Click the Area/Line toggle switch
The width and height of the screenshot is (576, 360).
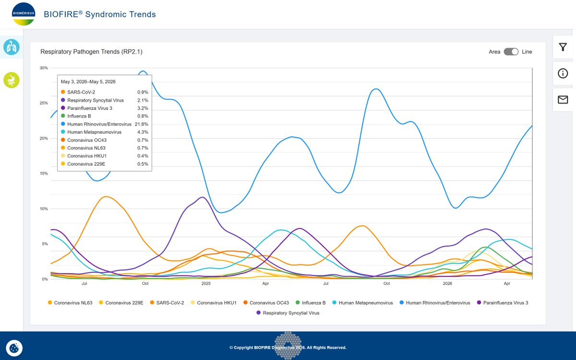tap(511, 52)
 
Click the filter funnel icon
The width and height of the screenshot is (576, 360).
tap(563, 47)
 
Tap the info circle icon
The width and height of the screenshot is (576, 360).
tap(563, 73)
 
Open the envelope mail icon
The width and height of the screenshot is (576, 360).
tap(563, 99)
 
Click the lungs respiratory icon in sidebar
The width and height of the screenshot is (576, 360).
tap(12, 47)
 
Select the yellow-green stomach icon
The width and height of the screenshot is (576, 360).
tap(12, 80)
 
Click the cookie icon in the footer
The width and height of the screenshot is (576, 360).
tap(14, 348)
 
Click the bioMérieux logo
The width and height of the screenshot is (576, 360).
tap(24, 14)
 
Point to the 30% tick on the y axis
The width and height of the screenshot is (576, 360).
tap(44, 68)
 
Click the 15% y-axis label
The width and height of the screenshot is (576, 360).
tap(44, 174)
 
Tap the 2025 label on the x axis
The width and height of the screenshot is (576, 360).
tap(206, 283)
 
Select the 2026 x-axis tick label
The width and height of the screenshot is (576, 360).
tap(447, 283)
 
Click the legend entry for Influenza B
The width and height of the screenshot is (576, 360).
tap(311, 303)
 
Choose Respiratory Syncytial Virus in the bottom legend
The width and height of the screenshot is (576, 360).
tap(288, 313)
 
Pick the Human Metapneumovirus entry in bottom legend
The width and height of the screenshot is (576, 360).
tap(362, 303)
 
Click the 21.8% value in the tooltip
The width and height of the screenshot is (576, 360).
tap(142, 124)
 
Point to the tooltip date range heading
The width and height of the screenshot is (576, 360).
tap(88, 82)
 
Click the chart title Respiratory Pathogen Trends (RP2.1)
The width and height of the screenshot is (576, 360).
tap(91, 52)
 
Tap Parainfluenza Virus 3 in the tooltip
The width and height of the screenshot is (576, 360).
tap(90, 108)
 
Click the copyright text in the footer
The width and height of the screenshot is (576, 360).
tap(288, 348)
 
